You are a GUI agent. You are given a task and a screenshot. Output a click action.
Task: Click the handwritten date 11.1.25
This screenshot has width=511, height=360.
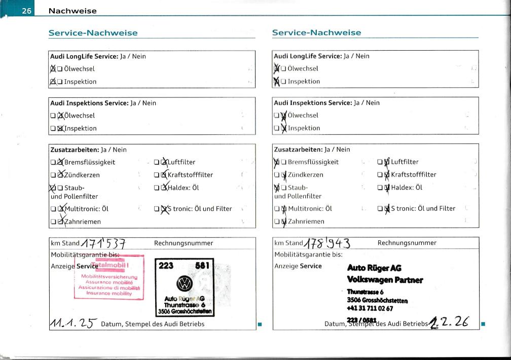pos(74,322)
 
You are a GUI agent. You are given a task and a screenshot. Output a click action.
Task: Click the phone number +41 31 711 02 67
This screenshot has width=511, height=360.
pos(369,308)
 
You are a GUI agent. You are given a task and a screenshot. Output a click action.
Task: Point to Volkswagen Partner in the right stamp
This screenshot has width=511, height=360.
pos(385,279)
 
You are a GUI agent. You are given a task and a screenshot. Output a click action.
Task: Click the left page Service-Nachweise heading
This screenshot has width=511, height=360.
pos(93,33)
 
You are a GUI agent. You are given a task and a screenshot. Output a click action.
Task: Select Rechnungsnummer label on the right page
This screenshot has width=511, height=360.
pos(407,243)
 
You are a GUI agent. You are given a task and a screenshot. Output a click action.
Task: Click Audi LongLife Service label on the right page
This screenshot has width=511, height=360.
pos(308,56)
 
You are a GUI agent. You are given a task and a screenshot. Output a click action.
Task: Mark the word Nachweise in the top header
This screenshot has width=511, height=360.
pos(72,10)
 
